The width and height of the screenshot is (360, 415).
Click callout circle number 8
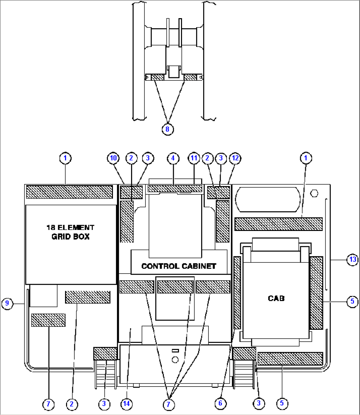click(x=168, y=129)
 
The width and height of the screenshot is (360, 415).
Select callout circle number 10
click(x=113, y=158)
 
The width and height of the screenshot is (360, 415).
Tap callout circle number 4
click(x=173, y=158)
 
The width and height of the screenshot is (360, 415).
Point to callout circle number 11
click(x=194, y=158)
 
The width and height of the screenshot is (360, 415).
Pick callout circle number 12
click(x=235, y=158)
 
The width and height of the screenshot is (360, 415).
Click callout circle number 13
click(x=352, y=259)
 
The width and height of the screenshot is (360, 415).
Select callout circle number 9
click(x=7, y=303)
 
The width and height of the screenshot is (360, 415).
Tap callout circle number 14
click(x=126, y=404)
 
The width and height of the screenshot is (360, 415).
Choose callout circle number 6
click(x=221, y=403)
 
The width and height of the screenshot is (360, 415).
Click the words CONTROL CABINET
click(x=179, y=266)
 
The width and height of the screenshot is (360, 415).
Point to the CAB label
click(x=276, y=298)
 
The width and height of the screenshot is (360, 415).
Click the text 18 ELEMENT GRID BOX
click(x=71, y=232)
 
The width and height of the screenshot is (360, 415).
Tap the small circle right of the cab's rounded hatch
click(x=314, y=193)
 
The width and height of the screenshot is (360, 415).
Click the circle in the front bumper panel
click(x=175, y=360)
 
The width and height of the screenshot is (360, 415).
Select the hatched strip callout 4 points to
click(x=175, y=189)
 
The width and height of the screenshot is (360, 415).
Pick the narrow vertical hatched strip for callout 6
click(x=237, y=293)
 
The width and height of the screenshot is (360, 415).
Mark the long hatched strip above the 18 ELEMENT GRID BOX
click(x=69, y=192)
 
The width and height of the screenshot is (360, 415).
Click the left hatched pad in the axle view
click(x=158, y=77)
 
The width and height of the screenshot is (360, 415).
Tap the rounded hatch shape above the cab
click(x=268, y=200)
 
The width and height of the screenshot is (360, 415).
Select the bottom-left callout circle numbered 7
click(x=49, y=404)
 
